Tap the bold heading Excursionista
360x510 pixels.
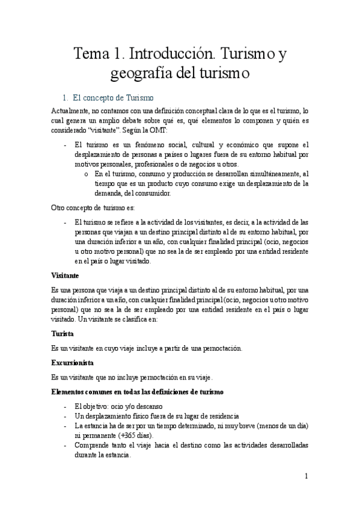click(x=76, y=363)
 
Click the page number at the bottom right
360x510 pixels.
click(x=307, y=476)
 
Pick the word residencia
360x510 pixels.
click(x=220, y=416)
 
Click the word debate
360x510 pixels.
click(x=134, y=121)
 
